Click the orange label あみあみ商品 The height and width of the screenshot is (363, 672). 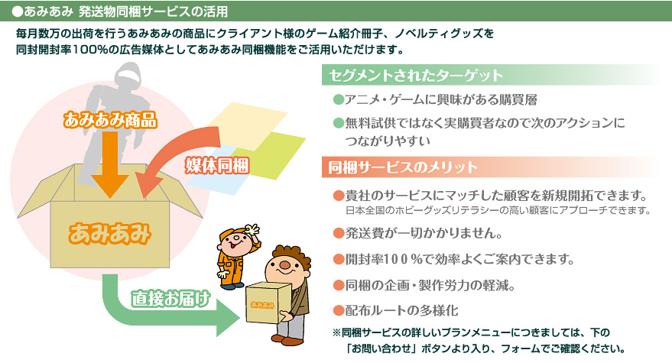(x=110, y=121)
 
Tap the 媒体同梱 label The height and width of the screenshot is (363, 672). (x=217, y=165)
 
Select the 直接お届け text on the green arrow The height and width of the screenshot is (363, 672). (x=170, y=298)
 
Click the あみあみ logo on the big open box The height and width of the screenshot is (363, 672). (x=110, y=234)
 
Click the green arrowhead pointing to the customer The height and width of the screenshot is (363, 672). (x=228, y=318)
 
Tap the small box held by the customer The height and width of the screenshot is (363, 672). (x=266, y=303)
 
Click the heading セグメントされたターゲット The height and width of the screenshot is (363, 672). (x=415, y=76)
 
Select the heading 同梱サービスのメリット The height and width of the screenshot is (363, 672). (x=402, y=167)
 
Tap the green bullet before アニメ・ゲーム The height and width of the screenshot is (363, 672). (x=339, y=99)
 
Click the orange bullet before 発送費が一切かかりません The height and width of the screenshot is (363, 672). (x=339, y=233)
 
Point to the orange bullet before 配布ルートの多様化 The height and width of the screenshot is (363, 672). (x=339, y=310)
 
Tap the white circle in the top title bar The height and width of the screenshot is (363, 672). (x=17, y=11)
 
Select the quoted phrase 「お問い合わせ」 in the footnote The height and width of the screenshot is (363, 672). (x=381, y=348)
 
